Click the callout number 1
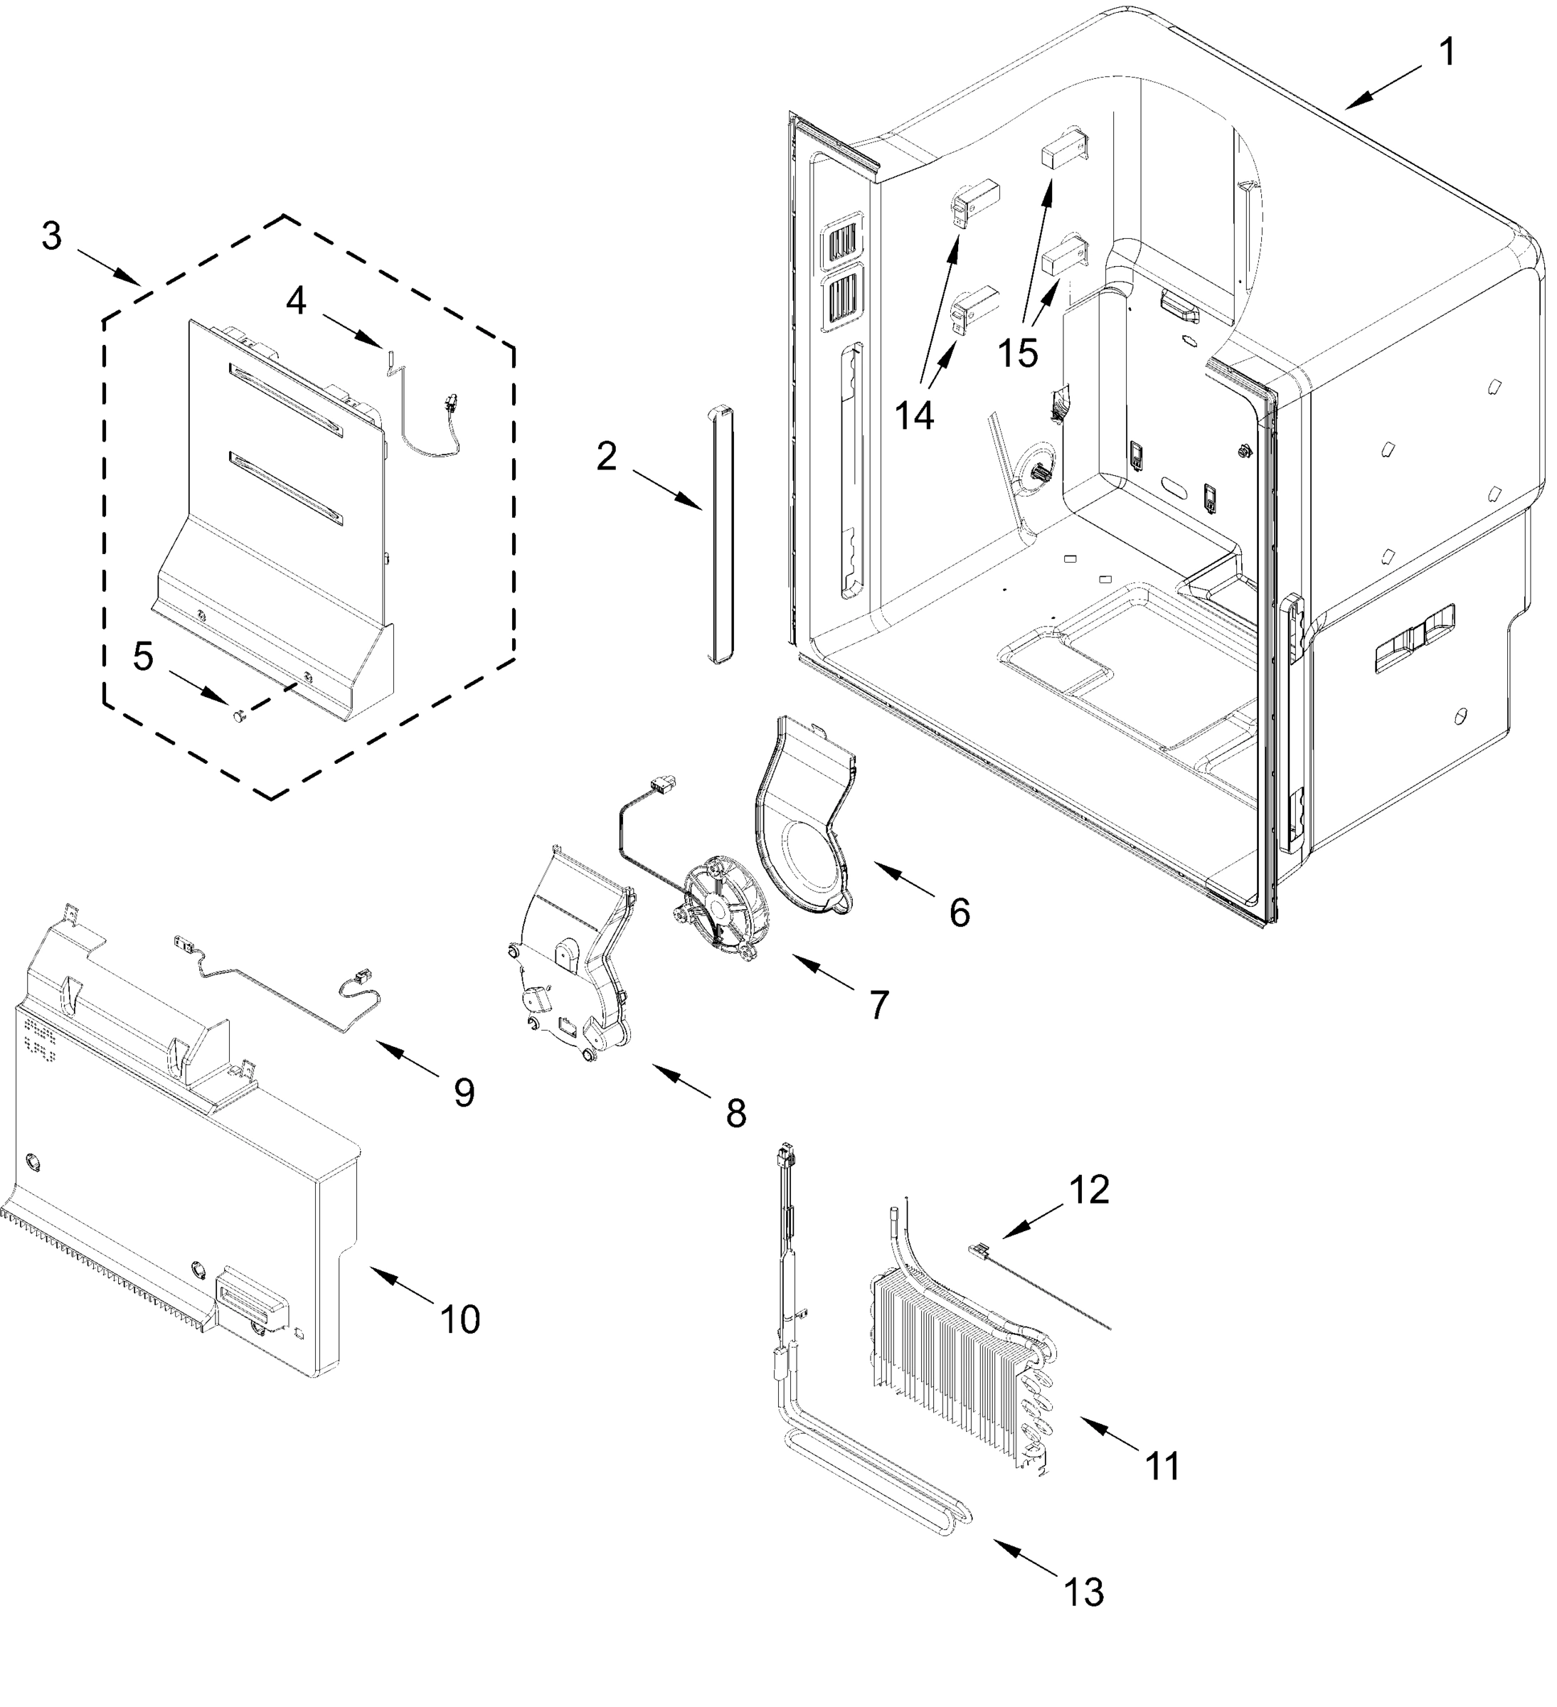coord(1447,53)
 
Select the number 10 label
coord(459,1320)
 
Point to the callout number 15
coord(1017,352)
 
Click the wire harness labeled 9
coord(280,991)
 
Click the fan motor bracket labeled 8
coord(571,957)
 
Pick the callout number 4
coord(295,302)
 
